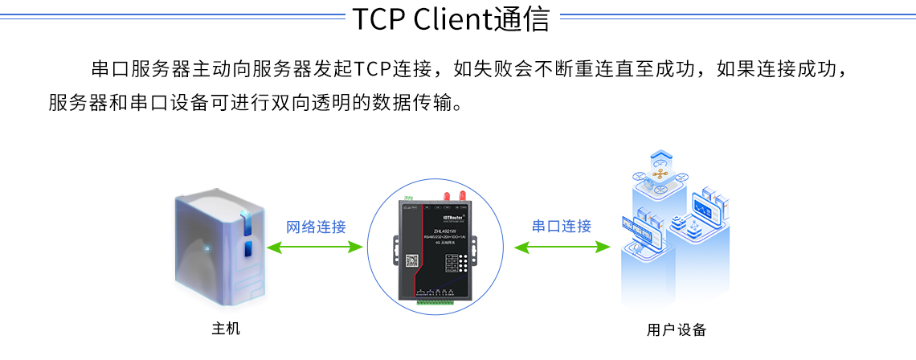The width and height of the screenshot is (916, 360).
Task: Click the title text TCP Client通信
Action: (451, 19)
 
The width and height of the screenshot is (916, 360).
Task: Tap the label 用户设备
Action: (677, 330)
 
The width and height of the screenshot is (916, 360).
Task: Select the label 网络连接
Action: (316, 227)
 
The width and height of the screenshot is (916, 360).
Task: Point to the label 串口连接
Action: (562, 227)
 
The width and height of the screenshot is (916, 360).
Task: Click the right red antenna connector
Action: (463, 195)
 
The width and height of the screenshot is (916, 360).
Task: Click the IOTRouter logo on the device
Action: (455, 215)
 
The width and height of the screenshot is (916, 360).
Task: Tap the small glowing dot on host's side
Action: (207, 247)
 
